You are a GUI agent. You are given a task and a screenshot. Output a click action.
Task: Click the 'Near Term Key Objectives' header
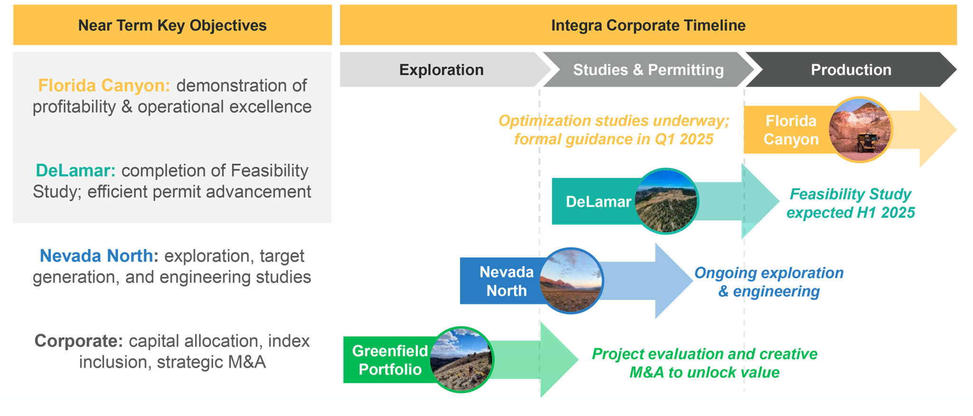(172, 25)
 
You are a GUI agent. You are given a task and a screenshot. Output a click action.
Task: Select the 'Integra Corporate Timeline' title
(648, 25)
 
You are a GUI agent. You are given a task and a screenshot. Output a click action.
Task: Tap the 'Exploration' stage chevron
(441, 70)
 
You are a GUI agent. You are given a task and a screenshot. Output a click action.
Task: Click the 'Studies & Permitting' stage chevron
(648, 70)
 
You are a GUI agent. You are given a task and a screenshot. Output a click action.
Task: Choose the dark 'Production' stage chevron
(850, 70)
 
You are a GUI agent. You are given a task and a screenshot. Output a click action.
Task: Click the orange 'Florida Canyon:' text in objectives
(104, 86)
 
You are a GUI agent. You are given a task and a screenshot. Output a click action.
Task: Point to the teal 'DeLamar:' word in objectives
(76, 171)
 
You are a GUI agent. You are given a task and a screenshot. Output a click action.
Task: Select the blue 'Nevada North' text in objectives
(96, 256)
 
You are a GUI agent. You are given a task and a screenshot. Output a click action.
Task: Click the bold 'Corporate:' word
(78, 341)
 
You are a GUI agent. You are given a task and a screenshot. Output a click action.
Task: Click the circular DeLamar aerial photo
(666, 201)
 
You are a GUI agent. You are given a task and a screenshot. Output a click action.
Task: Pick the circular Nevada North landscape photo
(571, 281)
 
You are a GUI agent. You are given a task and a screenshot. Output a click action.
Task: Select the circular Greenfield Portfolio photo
(461, 360)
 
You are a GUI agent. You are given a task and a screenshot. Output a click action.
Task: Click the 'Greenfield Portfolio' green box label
(390, 360)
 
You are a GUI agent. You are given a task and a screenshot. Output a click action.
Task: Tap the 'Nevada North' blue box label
(506, 281)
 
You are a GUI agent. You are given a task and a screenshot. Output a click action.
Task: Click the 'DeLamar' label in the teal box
(598, 202)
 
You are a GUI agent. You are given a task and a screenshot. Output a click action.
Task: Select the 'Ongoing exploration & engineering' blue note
(768, 282)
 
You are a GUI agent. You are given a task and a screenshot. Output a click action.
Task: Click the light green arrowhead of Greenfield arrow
(558, 360)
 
